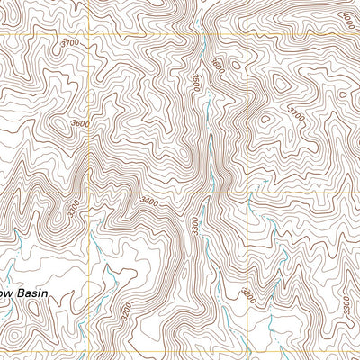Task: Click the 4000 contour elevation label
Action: click(x=348, y=15)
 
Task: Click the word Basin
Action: click(x=49, y=292)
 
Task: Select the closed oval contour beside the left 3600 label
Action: click(x=60, y=123)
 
